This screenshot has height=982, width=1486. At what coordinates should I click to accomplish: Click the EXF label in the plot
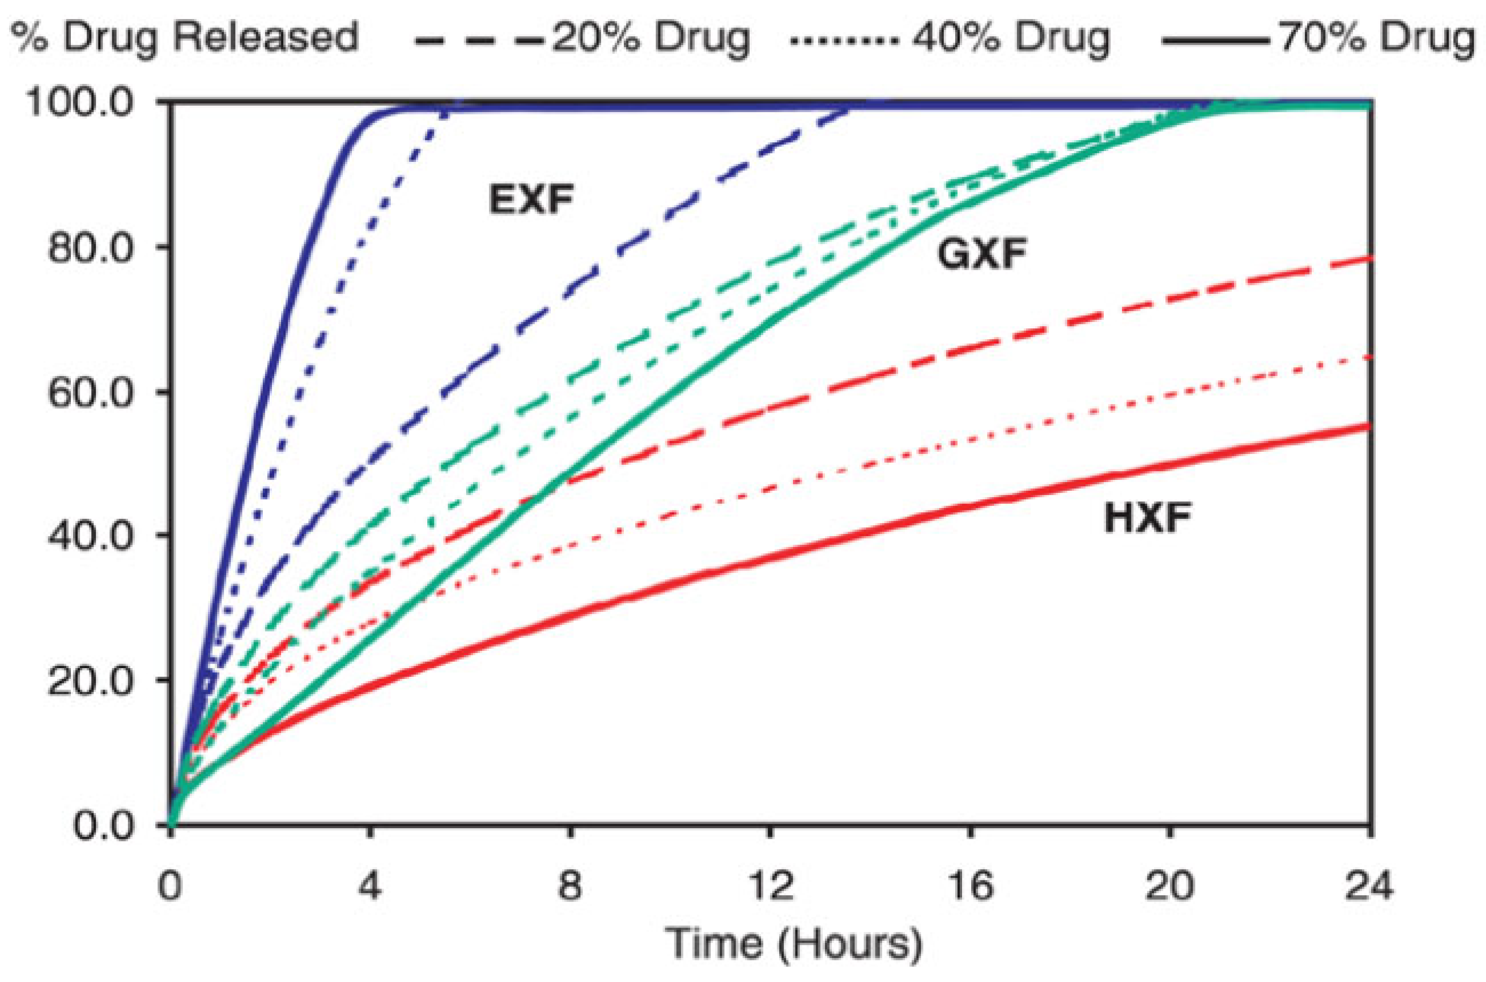click(x=531, y=201)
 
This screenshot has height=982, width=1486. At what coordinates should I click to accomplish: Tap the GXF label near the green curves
click(x=982, y=255)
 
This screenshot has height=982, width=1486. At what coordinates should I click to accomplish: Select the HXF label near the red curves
click(x=1147, y=519)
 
